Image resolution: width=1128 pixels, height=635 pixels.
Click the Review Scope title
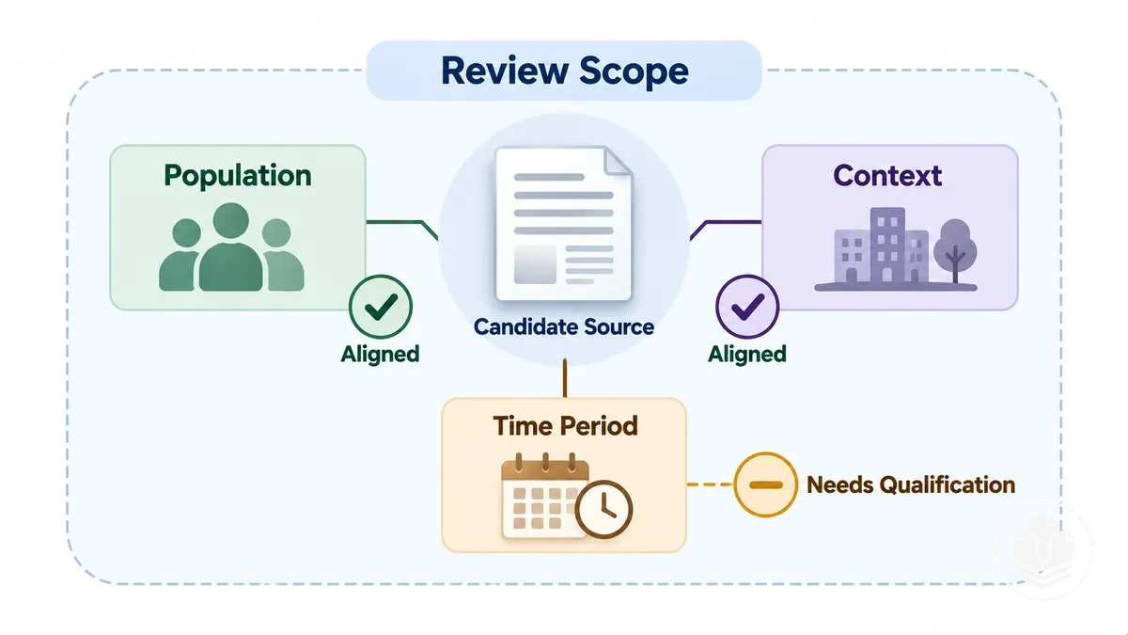(565, 71)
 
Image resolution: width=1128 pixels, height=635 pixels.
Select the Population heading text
(238, 176)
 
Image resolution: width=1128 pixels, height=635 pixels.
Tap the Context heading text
(887, 175)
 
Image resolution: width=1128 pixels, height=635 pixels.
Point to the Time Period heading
(565, 426)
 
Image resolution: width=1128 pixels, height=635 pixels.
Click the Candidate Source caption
(563, 326)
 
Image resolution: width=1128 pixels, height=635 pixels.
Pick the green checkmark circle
(381, 307)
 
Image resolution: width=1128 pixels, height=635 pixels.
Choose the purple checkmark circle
(747, 307)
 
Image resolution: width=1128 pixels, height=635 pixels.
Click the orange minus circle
(766, 484)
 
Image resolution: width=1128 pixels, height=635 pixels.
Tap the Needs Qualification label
(911, 484)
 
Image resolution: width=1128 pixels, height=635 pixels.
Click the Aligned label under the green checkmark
(380, 354)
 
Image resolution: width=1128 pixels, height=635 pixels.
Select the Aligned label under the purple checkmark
(746, 354)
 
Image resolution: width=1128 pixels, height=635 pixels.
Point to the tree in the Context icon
(955, 251)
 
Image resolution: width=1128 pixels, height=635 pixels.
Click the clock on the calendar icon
(603, 509)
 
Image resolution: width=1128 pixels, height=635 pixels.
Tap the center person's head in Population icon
(230, 221)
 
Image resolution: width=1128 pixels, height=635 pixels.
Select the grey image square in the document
(535, 264)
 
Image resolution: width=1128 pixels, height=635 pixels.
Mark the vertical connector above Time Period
(565, 378)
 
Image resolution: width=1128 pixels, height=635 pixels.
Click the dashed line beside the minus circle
(710, 484)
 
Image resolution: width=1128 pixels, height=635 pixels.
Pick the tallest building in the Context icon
(887, 245)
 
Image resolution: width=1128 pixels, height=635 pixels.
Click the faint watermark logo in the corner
(1042, 550)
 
